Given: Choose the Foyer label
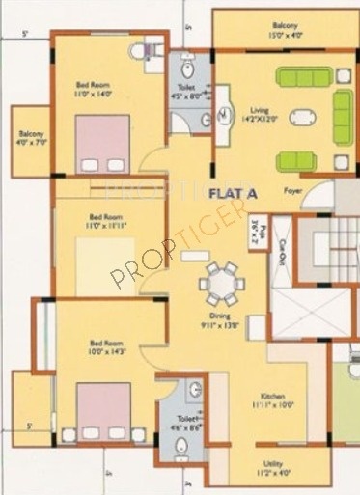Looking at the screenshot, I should tap(292, 190).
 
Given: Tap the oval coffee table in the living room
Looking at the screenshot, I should tap(303, 119).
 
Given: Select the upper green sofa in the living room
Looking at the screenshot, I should tap(303, 76).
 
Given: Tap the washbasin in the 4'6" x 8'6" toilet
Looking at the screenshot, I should tap(195, 391).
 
